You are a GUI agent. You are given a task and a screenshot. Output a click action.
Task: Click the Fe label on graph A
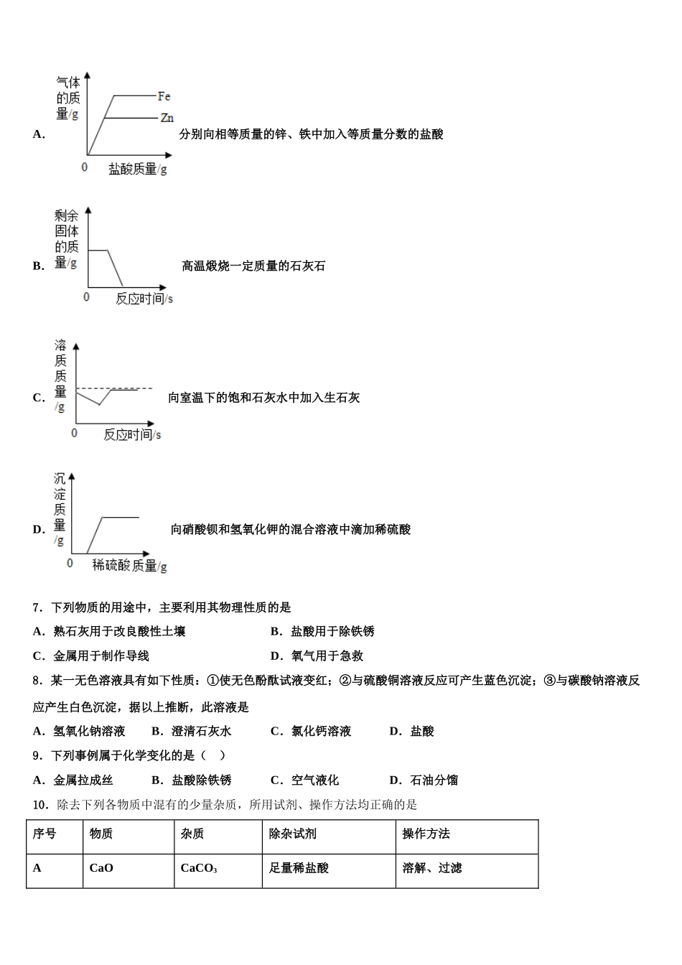pos(164,96)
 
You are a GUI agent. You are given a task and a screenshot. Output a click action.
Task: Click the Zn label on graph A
pos(167,118)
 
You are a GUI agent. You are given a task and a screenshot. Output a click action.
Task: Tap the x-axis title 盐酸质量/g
pos(137,169)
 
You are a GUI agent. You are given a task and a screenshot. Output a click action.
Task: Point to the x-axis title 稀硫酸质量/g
pos(129,566)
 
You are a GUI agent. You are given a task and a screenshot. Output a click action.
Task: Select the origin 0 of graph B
pos(87,297)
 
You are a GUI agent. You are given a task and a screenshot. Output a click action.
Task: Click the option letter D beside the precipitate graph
pos(39,530)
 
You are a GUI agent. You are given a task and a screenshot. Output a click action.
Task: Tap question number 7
pos(38,607)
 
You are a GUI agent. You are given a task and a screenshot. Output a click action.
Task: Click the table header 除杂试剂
pos(293,834)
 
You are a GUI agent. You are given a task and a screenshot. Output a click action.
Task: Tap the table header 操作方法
pos(426,834)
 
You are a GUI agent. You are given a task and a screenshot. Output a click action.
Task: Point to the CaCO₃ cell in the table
pos(199,868)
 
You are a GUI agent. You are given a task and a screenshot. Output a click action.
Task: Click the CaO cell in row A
pos(101,868)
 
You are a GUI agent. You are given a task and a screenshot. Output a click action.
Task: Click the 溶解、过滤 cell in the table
pos(432,868)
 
